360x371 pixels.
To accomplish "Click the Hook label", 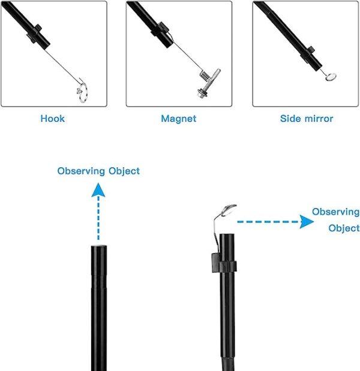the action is (52, 119).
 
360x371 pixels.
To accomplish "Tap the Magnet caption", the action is (179, 119).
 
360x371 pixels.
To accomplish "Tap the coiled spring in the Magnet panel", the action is (205, 76).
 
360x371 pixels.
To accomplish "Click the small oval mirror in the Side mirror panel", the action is (331, 77).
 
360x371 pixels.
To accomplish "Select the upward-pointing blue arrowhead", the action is (98, 190).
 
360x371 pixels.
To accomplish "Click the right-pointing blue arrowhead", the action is (307, 222).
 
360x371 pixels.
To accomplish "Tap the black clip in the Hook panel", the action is (34, 34).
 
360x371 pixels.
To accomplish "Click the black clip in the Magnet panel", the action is (160, 29).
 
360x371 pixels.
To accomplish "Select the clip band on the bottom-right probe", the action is (224, 263).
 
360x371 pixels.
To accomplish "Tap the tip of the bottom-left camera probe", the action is (99, 247).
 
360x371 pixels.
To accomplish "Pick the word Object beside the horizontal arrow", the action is (344, 228).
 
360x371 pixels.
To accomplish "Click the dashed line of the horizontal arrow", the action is (268, 222).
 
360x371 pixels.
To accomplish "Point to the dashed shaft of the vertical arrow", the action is (98, 218).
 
